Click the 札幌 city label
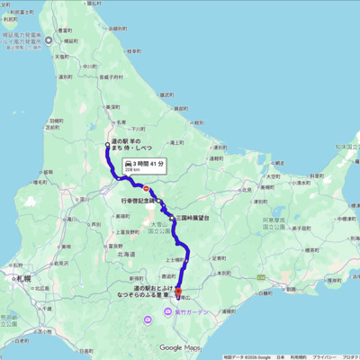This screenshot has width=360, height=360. [20, 280]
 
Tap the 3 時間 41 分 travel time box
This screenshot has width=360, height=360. [139, 165]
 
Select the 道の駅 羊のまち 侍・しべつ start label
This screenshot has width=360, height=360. [130, 148]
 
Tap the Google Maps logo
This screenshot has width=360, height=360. [180, 347]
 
